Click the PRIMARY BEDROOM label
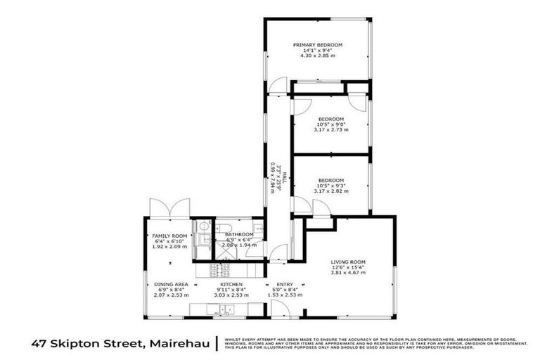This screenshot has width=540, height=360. click(317, 44)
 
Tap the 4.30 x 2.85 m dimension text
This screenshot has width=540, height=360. click(317, 56)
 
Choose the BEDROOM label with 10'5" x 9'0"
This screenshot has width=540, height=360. click(330, 118)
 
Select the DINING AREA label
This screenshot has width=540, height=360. click(169, 284)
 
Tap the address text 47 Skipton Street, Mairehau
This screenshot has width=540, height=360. click(119, 343)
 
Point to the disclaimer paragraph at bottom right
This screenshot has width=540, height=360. click(377, 343)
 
